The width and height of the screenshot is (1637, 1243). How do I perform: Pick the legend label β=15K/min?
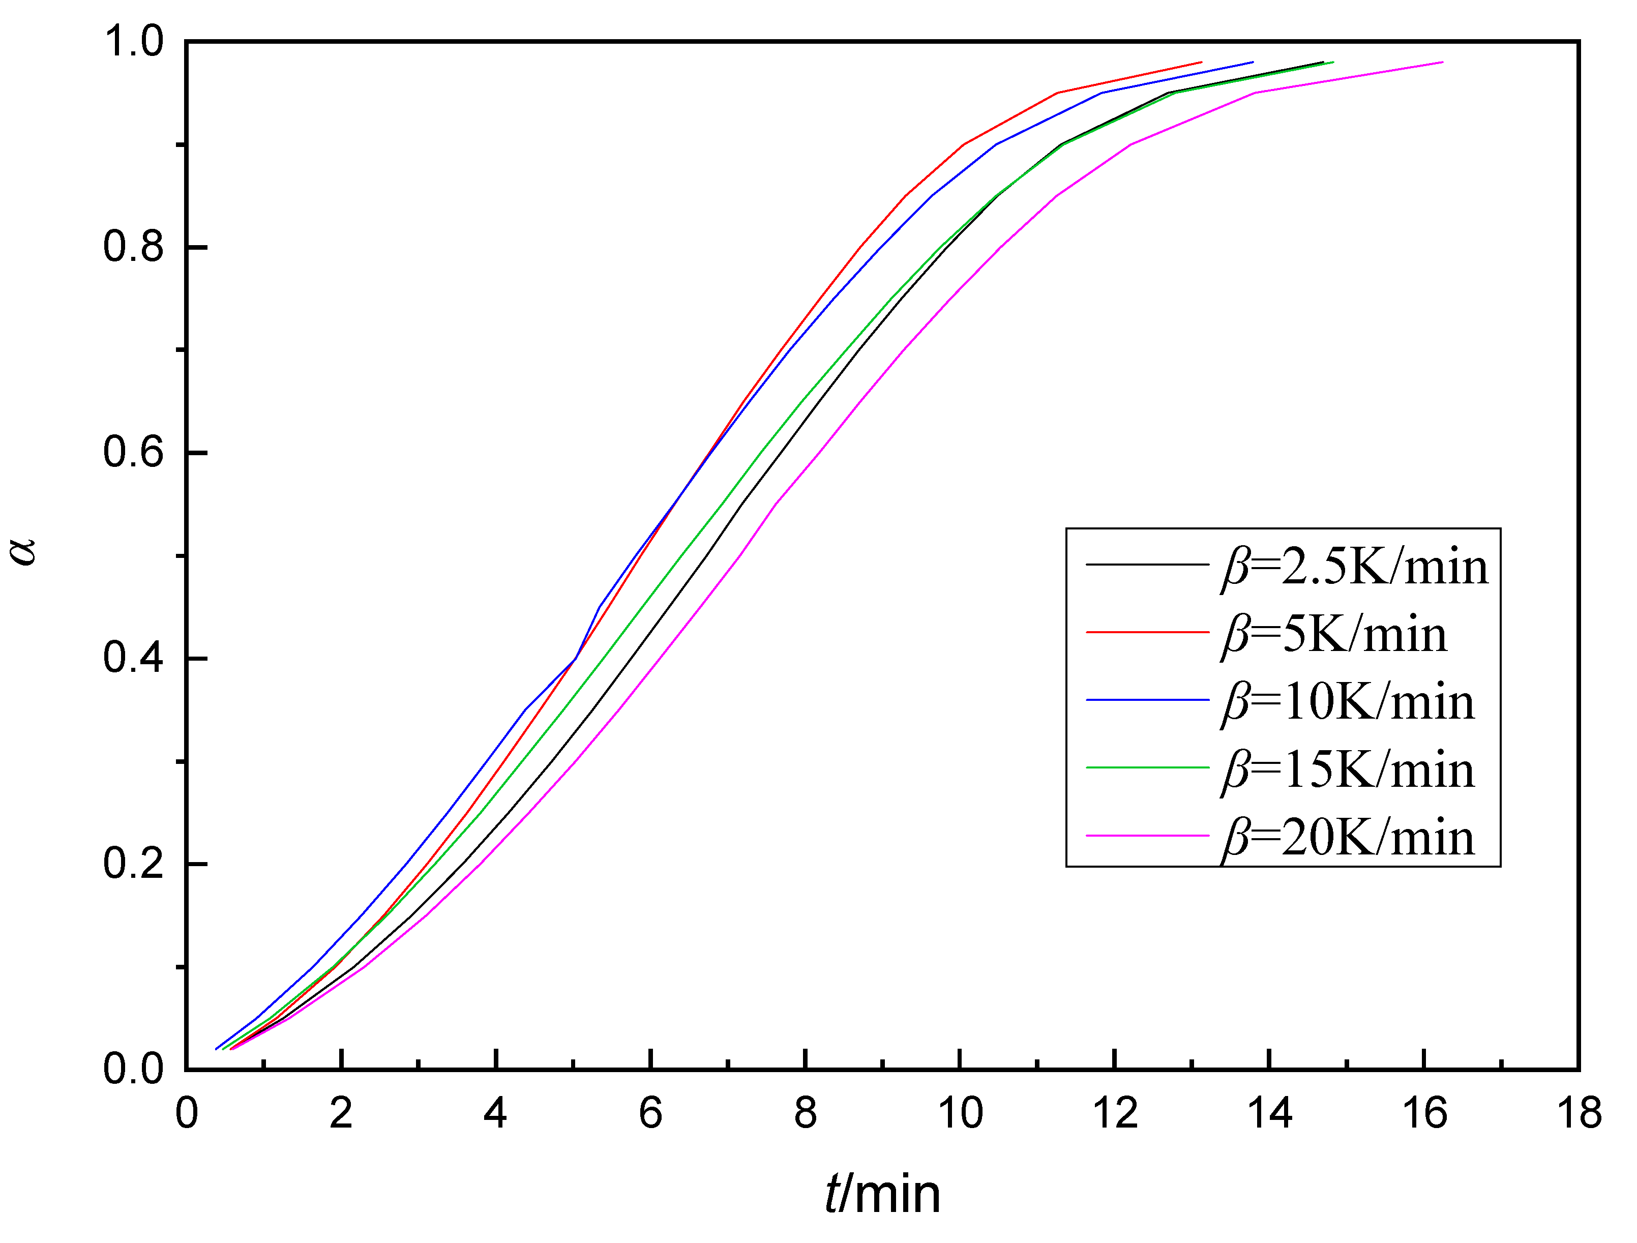pyautogui.click(x=1347, y=771)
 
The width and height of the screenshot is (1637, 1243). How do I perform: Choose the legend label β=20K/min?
pyautogui.click(x=1347, y=839)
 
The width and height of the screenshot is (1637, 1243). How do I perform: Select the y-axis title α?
pyautogui.click(x=24, y=551)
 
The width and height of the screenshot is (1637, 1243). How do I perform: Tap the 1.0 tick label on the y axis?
pyautogui.click(x=133, y=42)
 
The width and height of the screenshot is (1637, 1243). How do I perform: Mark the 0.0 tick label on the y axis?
pyautogui.click(x=133, y=1069)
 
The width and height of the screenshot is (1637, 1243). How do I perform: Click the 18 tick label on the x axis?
pyautogui.click(x=1579, y=1113)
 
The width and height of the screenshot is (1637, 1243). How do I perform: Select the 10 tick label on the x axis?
pyautogui.click(x=960, y=1113)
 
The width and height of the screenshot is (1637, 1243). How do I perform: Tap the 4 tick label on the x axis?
pyautogui.click(x=495, y=1113)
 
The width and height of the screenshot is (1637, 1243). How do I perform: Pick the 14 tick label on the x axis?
pyautogui.click(x=1269, y=1113)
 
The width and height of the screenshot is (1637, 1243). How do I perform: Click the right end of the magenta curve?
pyautogui.click(x=1442, y=62)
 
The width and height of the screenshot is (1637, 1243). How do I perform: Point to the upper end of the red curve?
pyautogui.click(x=1200, y=62)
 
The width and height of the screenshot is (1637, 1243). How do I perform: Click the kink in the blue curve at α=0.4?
pyautogui.click(x=575, y=658)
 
